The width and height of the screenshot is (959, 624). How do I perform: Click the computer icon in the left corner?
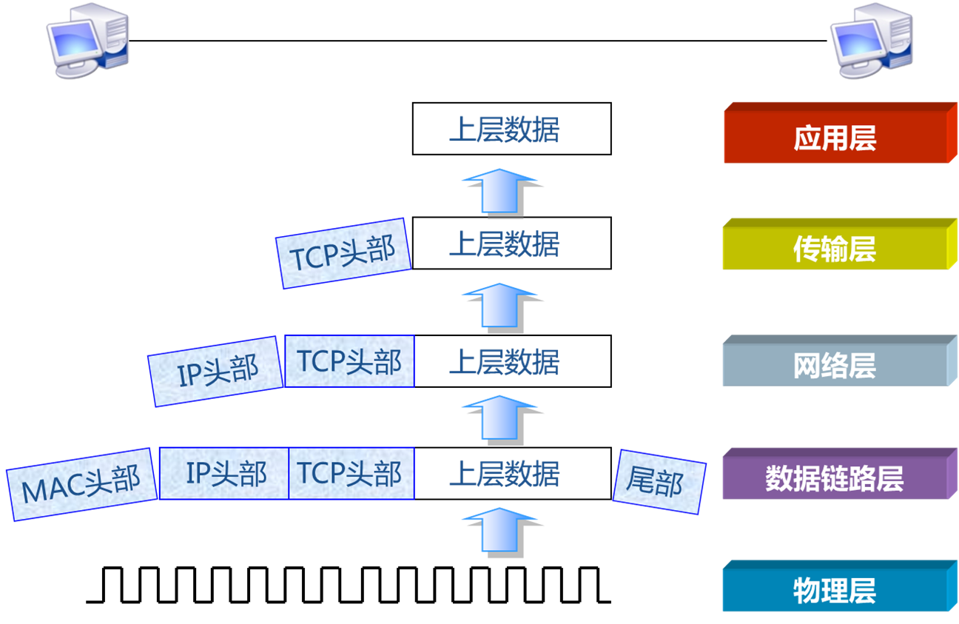[87, 41]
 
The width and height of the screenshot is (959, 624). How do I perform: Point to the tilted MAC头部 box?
[81, 484]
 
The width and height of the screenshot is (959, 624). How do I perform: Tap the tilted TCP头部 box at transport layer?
[343, 253]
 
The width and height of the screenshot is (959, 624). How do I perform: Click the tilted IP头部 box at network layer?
[217, 370]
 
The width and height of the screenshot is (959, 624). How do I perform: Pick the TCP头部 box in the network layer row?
[349, 361]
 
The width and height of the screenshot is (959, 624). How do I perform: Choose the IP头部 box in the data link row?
[225, 473]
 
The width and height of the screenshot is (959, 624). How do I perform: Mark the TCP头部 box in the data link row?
[351, 473]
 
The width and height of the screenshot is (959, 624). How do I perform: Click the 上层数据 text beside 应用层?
[505, 130]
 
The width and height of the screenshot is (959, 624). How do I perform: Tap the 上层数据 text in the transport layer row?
[505, 244]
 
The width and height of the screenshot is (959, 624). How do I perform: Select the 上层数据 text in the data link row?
[505, 473]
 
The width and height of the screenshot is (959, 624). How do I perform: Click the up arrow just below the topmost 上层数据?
[501, 191]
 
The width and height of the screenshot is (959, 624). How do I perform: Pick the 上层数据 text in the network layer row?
[505, 363]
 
